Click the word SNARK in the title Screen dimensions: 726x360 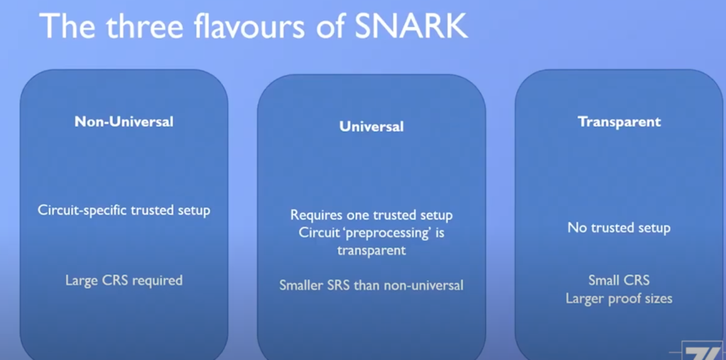pos(411,26)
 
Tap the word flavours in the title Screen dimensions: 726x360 pos(250,26)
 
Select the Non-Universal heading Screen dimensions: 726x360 pos(124,122)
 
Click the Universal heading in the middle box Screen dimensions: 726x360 pos(372,126)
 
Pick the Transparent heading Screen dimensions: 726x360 pos(619,122)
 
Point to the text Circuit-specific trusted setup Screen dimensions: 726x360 pos(124,210)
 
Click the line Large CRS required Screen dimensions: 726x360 pos(124,281)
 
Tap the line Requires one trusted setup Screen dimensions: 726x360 pos(372,215)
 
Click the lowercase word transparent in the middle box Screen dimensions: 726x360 pos(372,250)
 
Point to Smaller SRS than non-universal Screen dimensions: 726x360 pos(372,285)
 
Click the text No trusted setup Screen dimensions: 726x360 pos(619,227)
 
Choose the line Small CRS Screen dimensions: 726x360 pos(619,280)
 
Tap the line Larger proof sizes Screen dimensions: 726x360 pos(619,298)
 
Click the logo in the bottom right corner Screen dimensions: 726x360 pos(703,351)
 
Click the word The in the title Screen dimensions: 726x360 pos(67,26)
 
